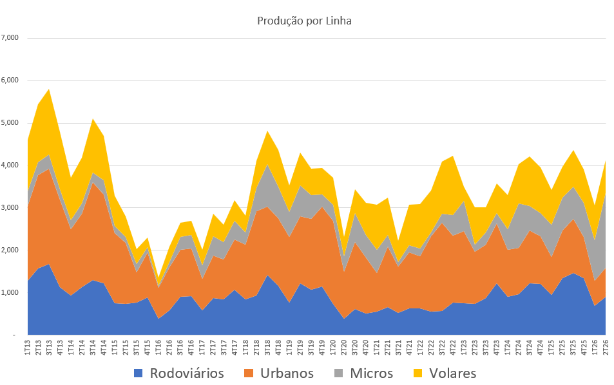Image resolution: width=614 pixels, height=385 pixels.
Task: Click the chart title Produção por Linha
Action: [304, 21]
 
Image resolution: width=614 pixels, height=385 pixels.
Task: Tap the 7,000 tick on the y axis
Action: [10, 38]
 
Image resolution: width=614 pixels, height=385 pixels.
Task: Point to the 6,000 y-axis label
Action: [10, 80]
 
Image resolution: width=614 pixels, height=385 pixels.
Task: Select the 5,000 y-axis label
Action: [10, 123]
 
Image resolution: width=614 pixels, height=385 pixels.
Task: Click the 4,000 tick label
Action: [10, 165]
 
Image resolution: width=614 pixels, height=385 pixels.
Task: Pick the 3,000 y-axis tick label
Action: [10, 208]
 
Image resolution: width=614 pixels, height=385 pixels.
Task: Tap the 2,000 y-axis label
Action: [10, 250]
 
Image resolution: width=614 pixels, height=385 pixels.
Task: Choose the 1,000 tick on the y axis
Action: [10, 293]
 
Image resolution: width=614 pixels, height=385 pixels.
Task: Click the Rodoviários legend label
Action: [187, 373]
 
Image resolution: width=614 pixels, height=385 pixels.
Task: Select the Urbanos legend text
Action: [287, 373]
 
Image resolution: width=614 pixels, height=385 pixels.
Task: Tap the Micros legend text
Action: [372, 373]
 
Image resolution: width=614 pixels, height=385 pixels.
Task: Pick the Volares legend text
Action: [453, 373]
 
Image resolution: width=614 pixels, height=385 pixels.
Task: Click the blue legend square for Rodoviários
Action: [139, 373]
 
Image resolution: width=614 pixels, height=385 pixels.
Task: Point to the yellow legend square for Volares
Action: [418, 373]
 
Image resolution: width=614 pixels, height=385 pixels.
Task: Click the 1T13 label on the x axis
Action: [28, 348]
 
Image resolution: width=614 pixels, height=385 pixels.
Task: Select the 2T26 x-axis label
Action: [606, 348]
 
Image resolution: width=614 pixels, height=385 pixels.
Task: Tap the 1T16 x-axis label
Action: [158, 348]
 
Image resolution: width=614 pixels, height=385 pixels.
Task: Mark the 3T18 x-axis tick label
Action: [268, 348]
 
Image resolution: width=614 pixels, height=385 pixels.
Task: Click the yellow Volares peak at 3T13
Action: [49, 89]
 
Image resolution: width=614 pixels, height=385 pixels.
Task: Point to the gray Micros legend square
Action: [339, 373]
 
